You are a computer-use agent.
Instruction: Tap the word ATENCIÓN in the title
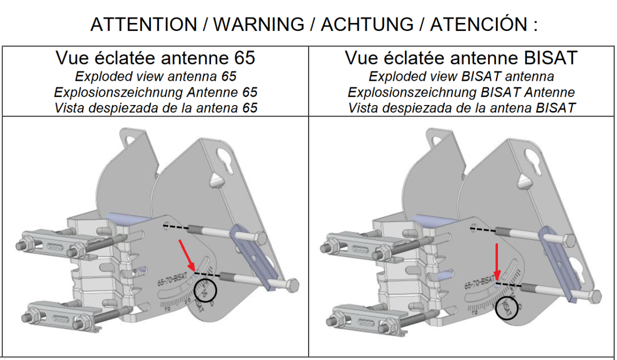477,24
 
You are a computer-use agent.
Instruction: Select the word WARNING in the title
258,24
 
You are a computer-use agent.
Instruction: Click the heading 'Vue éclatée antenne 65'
155,58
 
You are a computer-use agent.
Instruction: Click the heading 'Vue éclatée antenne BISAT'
461,58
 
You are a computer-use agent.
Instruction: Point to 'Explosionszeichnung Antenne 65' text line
155,92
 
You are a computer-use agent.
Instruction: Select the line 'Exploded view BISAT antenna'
461,76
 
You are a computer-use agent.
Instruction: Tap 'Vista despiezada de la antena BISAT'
461,107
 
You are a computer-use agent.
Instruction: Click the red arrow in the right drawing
496,262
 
